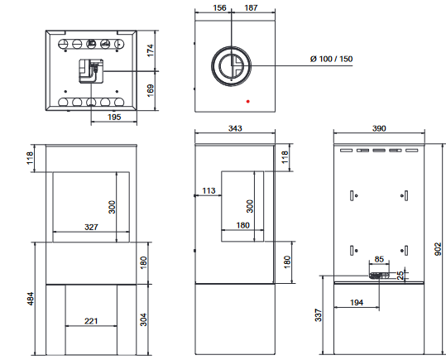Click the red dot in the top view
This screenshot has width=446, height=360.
(x=248, y=101)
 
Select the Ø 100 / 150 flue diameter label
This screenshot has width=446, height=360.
(x=331, y=59)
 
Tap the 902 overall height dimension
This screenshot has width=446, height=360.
(x=439, y=249)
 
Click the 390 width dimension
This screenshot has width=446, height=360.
(x=379, y=128)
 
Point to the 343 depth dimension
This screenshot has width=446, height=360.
(x=235, y=128)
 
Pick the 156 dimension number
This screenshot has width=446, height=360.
(x=219, y=7)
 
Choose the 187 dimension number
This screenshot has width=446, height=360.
(x=251, y=7)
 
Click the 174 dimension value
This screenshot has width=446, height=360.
(x=151, y=50)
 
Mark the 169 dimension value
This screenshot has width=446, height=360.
(x=151, y=90)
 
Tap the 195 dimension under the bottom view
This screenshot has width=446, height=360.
(x=114, y=117)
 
